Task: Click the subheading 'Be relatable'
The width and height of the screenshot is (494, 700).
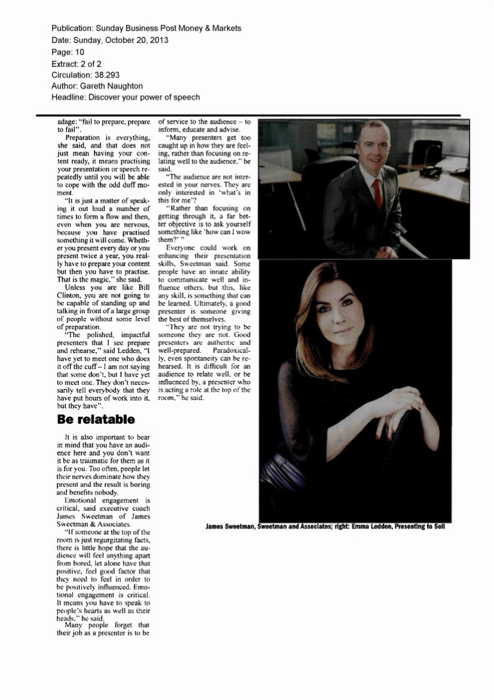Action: tap(96, 418)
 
